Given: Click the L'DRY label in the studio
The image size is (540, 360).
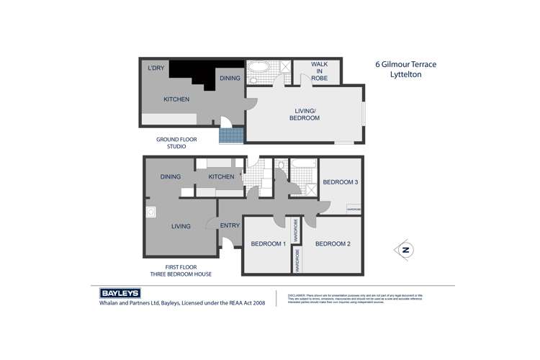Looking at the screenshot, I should [156, 68].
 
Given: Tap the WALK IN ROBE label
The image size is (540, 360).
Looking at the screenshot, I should [319, 71].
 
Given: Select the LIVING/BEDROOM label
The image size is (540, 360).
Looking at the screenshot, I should [305, 114].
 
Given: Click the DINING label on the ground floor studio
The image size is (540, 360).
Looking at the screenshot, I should [230, 78].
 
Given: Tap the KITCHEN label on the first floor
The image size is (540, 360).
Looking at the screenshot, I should [221, 176].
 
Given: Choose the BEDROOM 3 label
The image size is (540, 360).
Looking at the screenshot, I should [340, 182].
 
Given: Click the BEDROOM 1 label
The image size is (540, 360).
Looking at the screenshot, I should [268, 244].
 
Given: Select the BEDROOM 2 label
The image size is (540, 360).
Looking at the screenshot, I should [333, 244].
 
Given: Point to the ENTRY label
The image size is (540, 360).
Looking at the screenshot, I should [230, 226].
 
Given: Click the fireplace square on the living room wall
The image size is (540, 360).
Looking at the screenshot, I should [150, 212].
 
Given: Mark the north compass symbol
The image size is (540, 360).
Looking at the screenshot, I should [405, 251].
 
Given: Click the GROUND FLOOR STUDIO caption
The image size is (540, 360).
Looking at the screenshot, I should [176, 143].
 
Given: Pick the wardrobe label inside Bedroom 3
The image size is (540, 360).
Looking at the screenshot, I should [354, 210].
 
